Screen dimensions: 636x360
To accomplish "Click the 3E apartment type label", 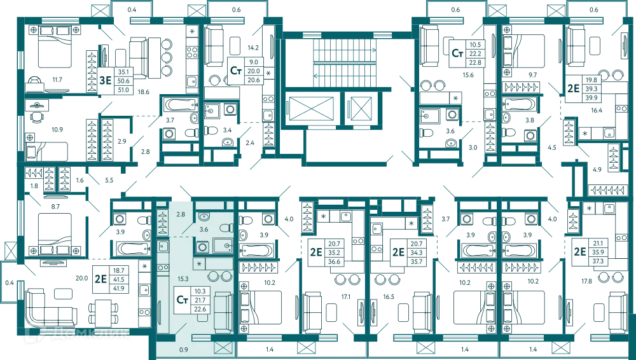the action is coord(106,80).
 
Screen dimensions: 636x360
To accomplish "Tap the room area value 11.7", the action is coord(57,80).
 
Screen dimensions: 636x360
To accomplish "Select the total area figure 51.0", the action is coord(123,90).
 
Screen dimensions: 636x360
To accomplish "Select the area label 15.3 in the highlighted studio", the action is coord(183,279).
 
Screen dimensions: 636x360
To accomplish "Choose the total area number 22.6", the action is coord(200,309).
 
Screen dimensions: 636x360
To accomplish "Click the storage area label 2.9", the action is coord(122,141).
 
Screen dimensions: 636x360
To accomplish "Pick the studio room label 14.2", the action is coord(253,48).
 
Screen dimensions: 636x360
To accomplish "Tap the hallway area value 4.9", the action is coord(597,170).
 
